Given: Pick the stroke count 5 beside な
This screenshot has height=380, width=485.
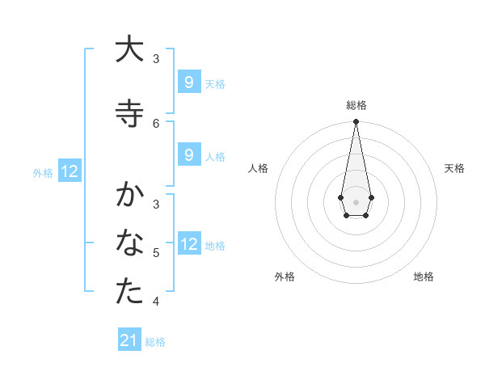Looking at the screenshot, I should point(156,253).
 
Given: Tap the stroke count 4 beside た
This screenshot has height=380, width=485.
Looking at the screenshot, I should point(156,302).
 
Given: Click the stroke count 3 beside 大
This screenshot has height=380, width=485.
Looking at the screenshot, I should point(156,58).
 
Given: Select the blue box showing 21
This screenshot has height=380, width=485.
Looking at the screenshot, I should point(129,340).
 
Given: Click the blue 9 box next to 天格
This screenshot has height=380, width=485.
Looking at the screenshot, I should point(188,82).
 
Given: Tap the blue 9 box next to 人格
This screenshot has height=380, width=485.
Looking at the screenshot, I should point(188,156).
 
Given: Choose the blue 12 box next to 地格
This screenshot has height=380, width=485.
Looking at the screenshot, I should point(188,244).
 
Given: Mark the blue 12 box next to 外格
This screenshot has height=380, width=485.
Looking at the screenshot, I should point(70,171).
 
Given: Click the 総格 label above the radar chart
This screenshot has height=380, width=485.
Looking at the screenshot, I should point(356,105).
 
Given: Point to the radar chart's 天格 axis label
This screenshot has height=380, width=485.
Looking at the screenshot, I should point(454,168).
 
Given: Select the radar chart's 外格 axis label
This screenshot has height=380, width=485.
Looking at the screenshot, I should point(285,277).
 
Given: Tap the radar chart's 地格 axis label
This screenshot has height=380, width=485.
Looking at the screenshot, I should point(424,277).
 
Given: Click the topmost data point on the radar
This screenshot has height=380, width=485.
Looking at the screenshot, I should point(356,122).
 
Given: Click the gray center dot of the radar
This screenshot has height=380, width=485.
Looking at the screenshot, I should point(356,201).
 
